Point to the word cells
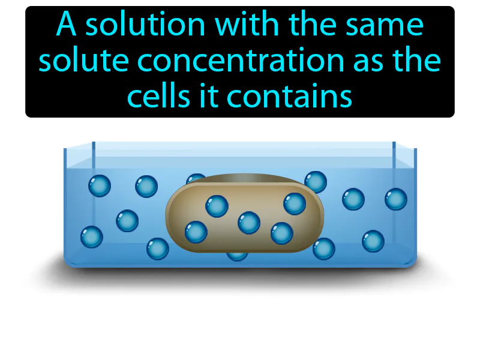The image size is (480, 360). click(x=159, y=95)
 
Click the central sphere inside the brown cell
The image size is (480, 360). click(x=249, y=223)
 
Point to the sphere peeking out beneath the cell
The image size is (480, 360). click(x=236, y=256)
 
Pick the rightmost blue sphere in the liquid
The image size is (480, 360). click(x=396, y=199)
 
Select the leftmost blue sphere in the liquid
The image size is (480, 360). click(x=92, y=236)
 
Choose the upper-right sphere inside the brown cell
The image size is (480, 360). click(x=295, y=203)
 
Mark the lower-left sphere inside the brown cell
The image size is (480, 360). click(x=196, y=232)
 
